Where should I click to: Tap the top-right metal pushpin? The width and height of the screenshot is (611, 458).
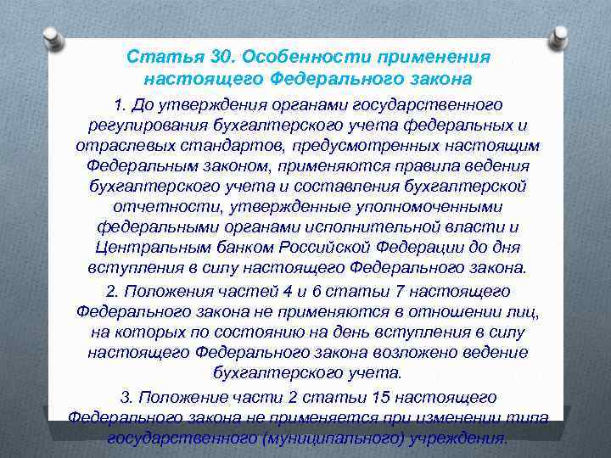pyautogui.click(x=559, y=36)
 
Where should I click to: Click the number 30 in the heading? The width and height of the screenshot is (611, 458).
pyautogui.click(x=219, y=57)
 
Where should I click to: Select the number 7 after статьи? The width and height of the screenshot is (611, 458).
pyautogui.click(x=373, y=289)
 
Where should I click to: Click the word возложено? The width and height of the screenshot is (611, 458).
pyautogui.click(x=398, y=352)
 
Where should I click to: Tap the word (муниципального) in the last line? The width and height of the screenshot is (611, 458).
pyautogui.click(x=350, y=438)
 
